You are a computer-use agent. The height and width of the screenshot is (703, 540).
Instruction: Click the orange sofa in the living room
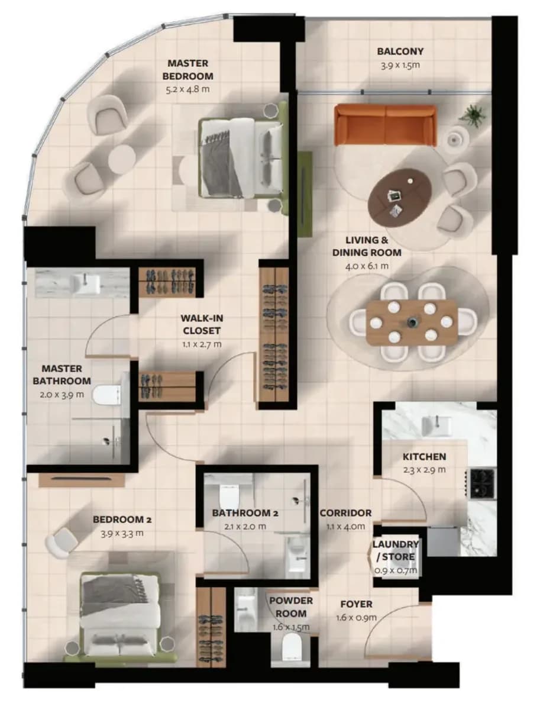[386, 125]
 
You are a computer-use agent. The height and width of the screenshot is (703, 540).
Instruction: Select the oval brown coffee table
[400, 194]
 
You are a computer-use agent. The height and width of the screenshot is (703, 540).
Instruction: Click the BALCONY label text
[400, 51]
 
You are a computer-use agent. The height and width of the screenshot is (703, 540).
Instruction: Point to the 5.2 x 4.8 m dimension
[187, 89]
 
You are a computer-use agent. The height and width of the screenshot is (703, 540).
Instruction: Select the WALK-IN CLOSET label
[202, 324]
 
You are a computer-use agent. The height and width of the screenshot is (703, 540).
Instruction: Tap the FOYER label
[356, 604]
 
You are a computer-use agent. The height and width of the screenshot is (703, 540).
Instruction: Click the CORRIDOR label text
[345, 513]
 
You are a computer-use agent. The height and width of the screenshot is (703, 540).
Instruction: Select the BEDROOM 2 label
[122, 520]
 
